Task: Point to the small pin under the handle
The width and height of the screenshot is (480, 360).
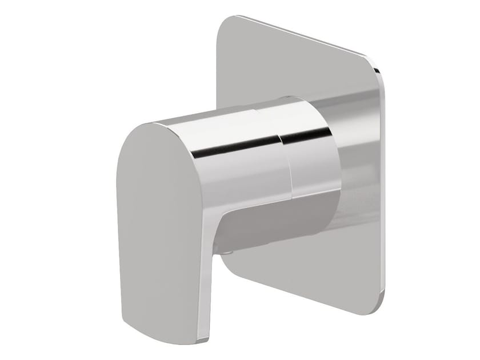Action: pyautogui.click(x=228, y=251)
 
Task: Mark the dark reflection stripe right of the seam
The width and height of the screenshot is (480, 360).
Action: pyautogui.click(x=306, y=136)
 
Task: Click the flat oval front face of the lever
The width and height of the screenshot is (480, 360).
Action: pyautogui.click(x=154, y=223)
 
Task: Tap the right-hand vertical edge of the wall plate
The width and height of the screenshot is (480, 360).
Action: pyautogui.click(x=383, y=189)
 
